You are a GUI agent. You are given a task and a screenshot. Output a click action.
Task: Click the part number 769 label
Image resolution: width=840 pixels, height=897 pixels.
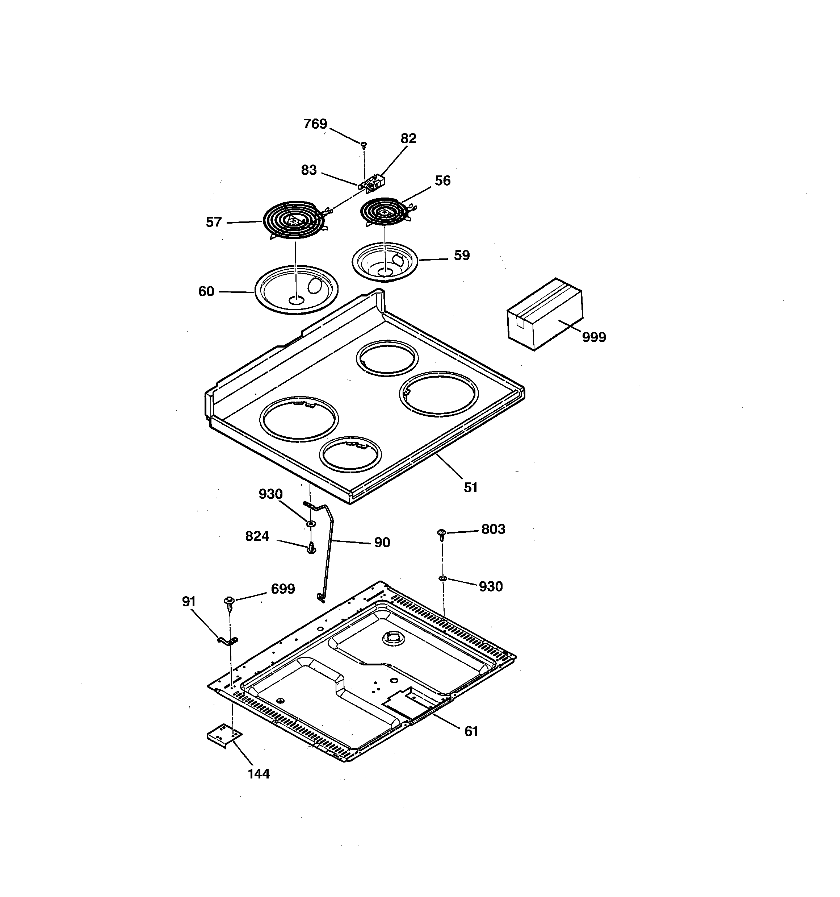pos(315,124)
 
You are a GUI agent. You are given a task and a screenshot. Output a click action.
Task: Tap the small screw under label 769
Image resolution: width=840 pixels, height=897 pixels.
pos(364,145)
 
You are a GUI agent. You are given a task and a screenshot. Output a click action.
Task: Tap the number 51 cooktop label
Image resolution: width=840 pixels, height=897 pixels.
pos(471,487)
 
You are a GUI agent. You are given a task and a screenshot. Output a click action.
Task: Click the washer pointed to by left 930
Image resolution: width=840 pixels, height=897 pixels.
pos(311,523)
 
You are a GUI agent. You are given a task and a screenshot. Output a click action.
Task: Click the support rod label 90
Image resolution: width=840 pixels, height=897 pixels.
pos(382,542)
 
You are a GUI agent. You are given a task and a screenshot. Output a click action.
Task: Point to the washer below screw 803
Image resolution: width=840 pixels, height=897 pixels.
pos(442,578)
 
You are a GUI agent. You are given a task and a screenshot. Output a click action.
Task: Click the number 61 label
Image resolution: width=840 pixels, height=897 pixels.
pos(471,731)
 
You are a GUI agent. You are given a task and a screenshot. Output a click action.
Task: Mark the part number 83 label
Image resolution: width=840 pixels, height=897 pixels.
pos(309,170)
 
